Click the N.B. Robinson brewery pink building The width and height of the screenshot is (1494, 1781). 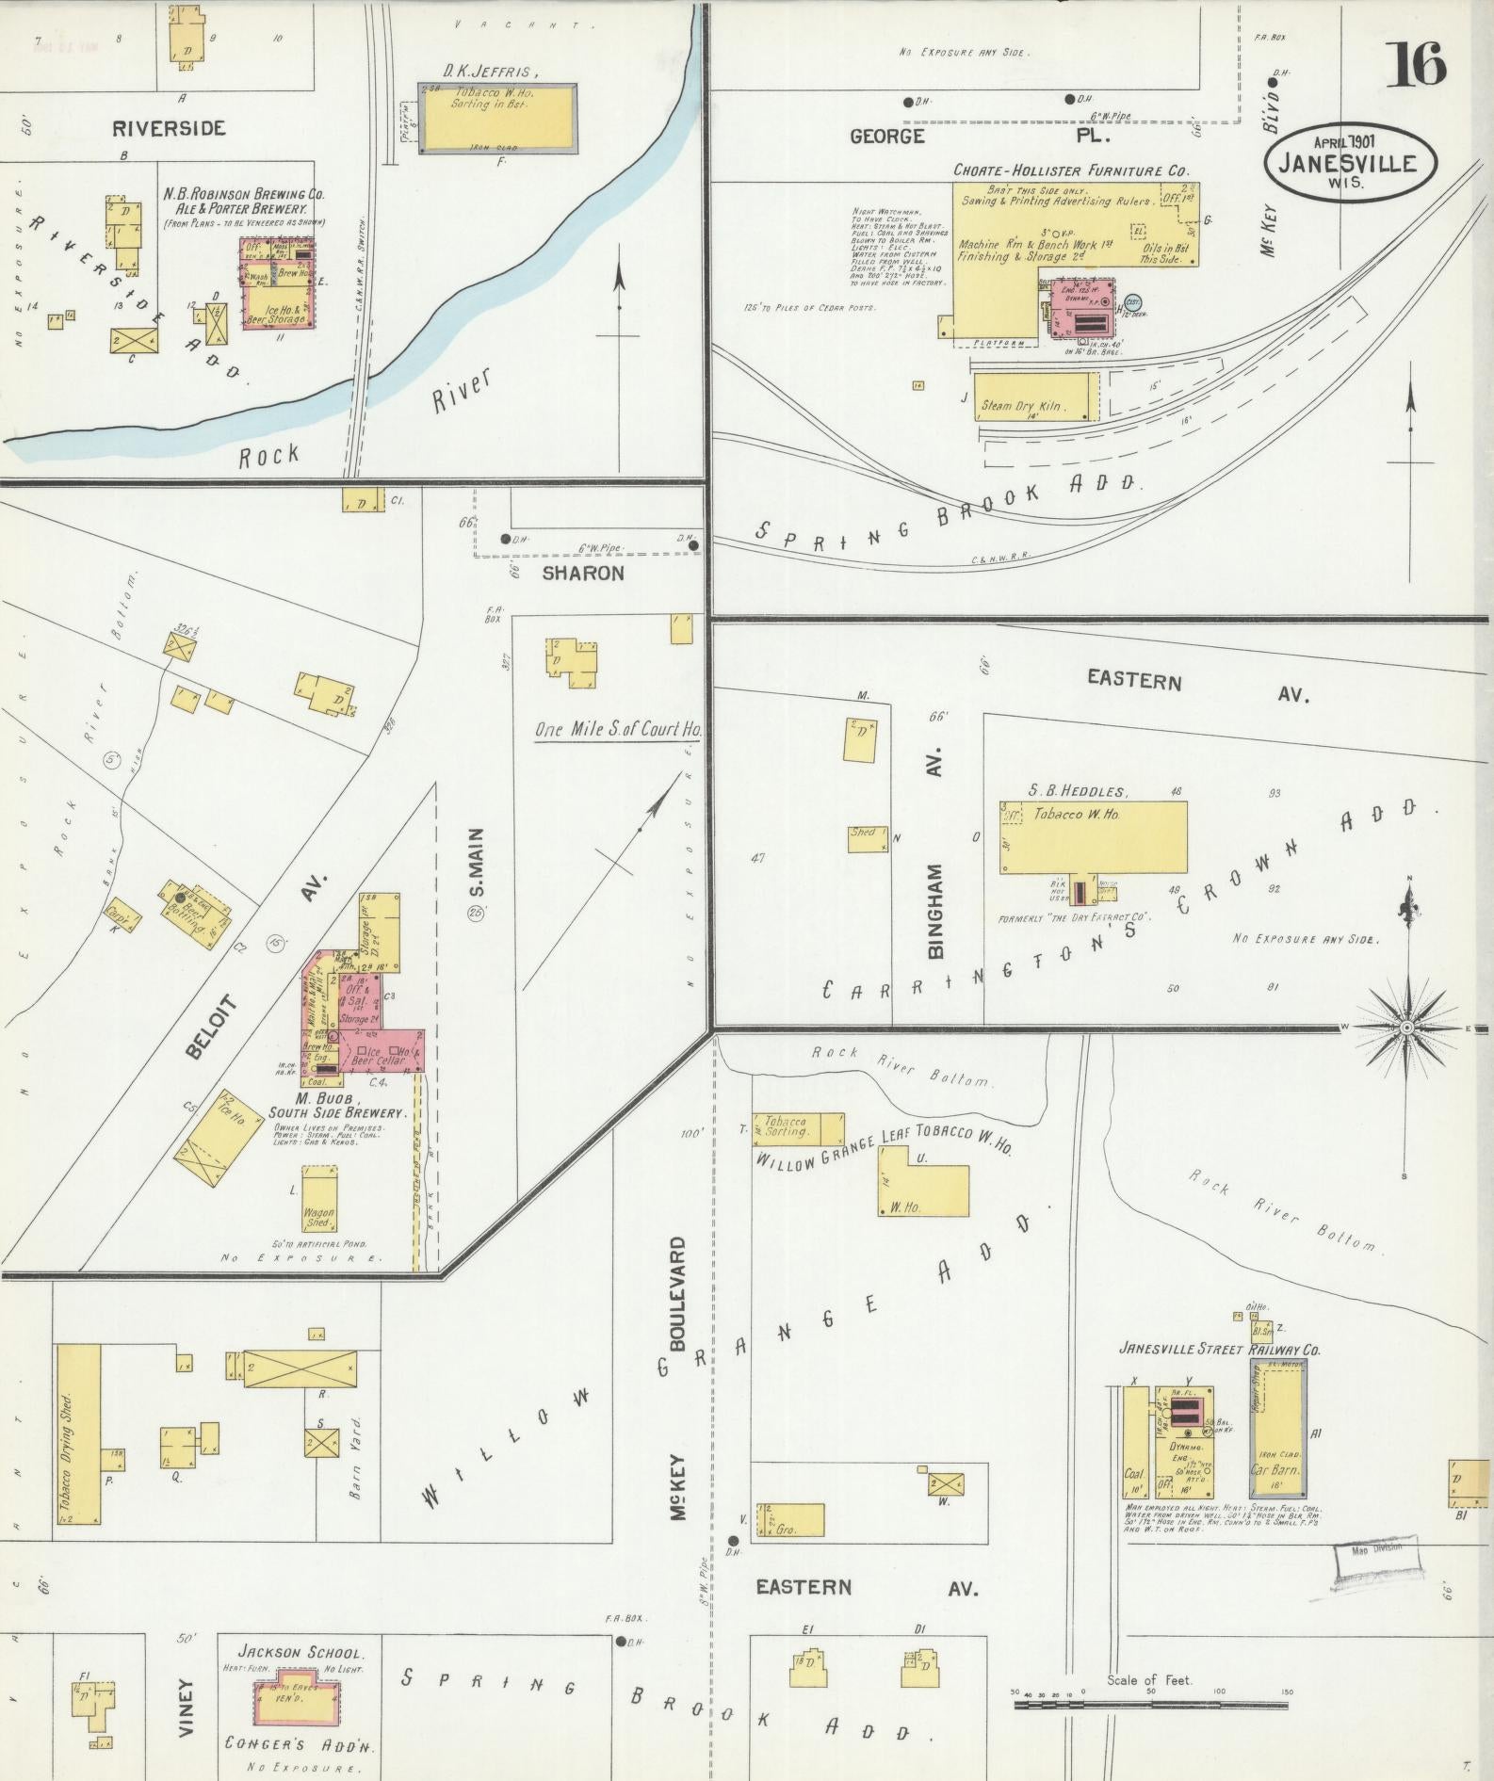(x=278, y=283)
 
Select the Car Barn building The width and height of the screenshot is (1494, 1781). (x=1277, y=1433)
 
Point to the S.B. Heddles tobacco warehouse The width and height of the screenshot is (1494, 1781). (x=1093, y=836)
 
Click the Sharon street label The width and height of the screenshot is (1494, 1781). (x=582, y=573)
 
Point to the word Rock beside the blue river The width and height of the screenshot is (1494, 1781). (x=268, y=456)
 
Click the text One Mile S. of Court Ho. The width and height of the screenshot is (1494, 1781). (x=618, y=729)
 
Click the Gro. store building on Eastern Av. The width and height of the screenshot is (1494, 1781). (x=792, y=1519)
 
